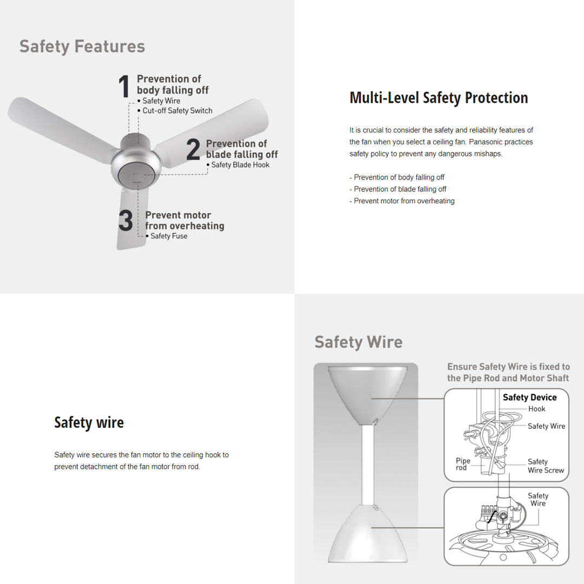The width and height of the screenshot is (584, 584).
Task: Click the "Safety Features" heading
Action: click(x=82, y=47)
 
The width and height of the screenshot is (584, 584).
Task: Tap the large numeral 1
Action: click(x=124, y=87)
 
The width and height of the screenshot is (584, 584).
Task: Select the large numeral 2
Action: click(x=193, y=150)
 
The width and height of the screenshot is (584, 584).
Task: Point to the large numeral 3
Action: click(x=125, y=221)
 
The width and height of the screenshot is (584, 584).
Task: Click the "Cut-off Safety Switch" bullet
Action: click(x=177, y=111)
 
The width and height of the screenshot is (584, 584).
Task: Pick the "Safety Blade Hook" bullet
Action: click(x=240, y=165)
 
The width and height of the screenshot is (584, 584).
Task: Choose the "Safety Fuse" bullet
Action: click(x=168, y=236)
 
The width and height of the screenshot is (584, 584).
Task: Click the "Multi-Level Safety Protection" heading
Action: click(x=439, y=98)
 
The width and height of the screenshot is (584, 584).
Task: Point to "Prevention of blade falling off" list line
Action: click(x=400, y=189)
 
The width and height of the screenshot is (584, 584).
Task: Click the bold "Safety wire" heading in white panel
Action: click(x=89, y=422)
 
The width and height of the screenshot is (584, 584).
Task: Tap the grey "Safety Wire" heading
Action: click(x=358, y=342)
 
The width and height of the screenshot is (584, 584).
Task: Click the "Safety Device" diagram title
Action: click(x=529, y=397)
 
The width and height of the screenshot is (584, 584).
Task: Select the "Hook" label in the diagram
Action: click(x=537, y=409)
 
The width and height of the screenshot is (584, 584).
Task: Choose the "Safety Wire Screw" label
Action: click(x=546, y=466)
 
